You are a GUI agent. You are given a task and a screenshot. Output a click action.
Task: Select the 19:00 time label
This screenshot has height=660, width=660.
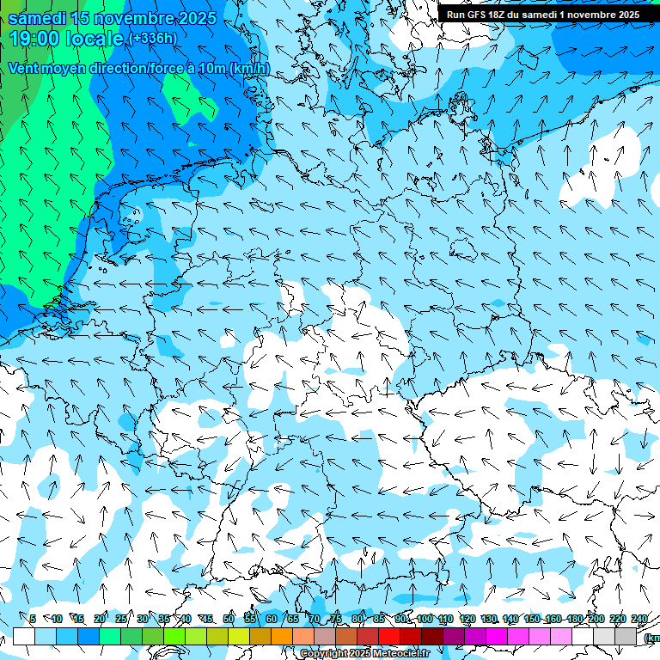coord(34,38)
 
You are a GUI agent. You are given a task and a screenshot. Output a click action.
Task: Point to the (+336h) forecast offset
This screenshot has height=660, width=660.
coord(152,38)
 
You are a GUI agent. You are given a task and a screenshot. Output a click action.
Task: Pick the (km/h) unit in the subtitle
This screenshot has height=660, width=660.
coord(249,68)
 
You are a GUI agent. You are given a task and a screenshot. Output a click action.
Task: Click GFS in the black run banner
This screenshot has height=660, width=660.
coord(477,15)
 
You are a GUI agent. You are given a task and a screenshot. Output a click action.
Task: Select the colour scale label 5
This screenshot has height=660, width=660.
coord(33,619)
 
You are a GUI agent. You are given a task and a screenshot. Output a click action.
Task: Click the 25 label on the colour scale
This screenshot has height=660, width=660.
coord(120,619)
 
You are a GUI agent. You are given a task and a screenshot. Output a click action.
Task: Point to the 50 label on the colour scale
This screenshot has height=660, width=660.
coord(229,619)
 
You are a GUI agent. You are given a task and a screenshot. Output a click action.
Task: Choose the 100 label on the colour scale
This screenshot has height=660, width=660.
coord(425,619)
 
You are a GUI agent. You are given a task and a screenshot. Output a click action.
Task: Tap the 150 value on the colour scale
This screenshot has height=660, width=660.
coord(533,619)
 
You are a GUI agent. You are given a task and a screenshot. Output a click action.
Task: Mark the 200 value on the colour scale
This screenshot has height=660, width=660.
coord(596,619)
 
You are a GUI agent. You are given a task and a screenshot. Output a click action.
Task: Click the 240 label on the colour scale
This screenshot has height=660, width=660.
coord(639,619)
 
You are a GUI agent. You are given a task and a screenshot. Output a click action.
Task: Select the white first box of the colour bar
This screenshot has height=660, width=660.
coord(24,636)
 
